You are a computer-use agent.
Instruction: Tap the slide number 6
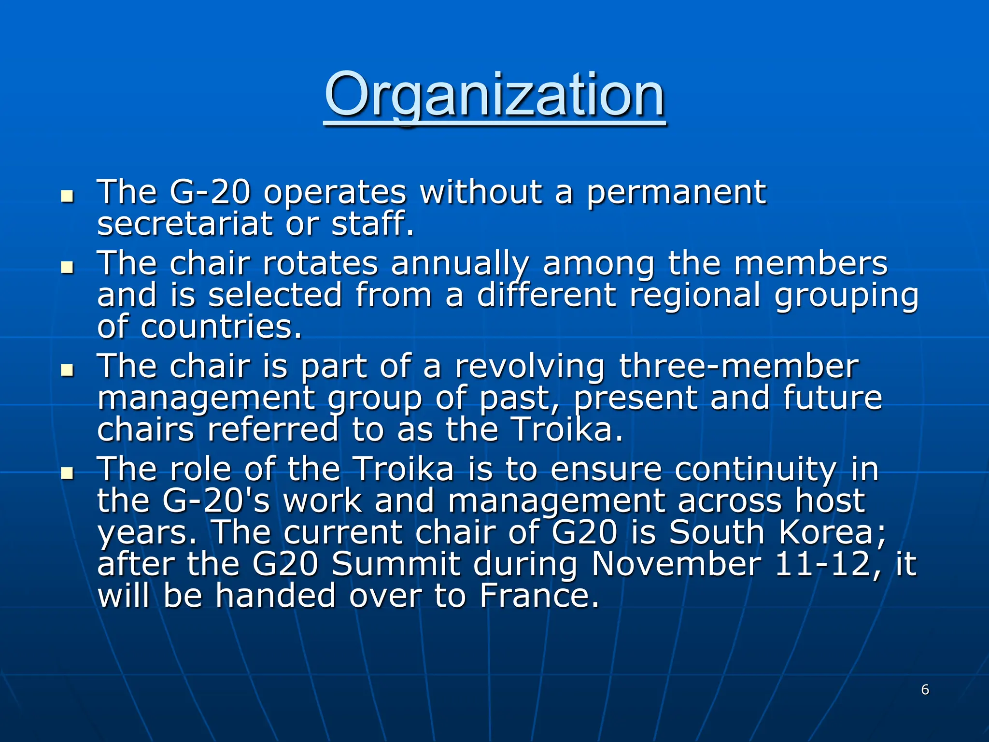click(925, 689)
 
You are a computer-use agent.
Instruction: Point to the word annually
click(460, 265)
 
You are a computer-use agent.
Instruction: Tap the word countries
click(221, 327)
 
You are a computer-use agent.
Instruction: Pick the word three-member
click(739, 366)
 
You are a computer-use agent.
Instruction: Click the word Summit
click(396, 564)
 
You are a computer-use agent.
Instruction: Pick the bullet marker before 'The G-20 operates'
click(67, 197)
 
